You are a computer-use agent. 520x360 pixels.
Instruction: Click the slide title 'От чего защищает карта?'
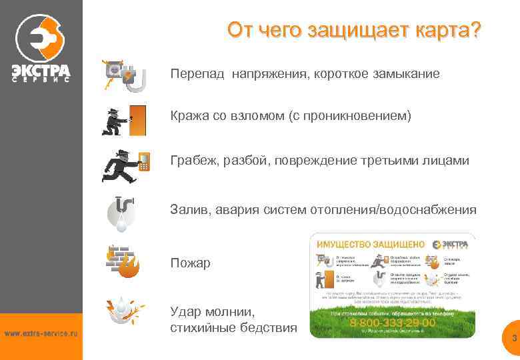tap(353, 31)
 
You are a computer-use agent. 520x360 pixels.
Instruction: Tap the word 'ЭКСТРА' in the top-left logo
tap(41, 69)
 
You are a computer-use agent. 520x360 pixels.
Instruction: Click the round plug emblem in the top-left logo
tap(41, 37)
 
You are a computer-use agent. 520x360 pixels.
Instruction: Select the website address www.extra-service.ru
tap(41, 333)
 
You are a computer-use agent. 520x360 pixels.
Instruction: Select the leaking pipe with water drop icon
tap(121, 213)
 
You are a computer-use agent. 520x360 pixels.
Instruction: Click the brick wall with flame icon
tap(123, 261)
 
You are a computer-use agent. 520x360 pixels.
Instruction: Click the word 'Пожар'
tap(190, 263)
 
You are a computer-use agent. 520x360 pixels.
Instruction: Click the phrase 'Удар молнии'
tap(211, 311)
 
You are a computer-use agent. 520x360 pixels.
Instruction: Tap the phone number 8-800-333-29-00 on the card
tap(393, 322)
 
